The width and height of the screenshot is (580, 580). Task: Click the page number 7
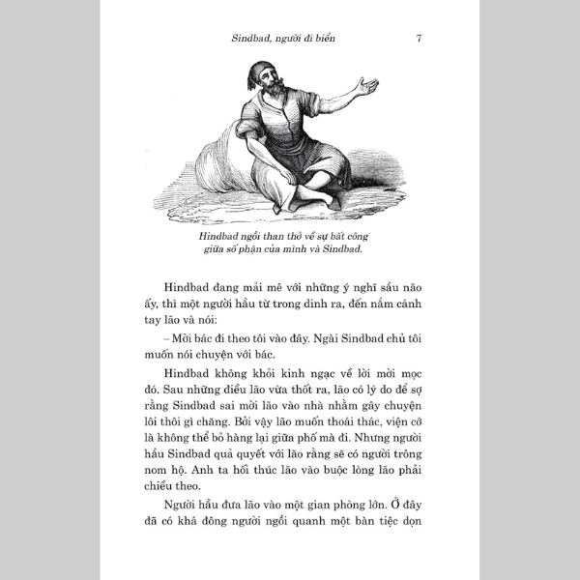pyautogui.click(x=418, y=39)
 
